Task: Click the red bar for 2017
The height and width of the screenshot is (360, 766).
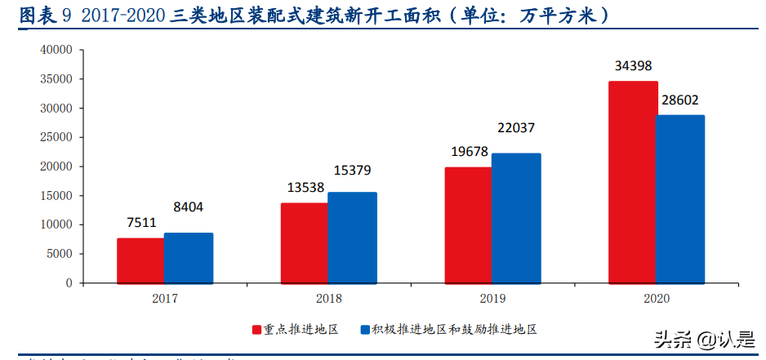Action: pyautogui.click(x=140, y=260)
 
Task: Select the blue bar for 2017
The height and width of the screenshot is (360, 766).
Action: pyautogui.click(x=188, y=258)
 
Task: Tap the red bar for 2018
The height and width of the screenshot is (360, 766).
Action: pyautogui.click(x=304, y=242)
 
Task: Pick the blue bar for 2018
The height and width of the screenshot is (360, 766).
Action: pyautogui.click(x=352, y=238)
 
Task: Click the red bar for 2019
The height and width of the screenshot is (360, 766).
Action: pyautogui.click(x=468, y=224)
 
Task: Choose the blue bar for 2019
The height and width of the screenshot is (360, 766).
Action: pyautogui.click(x=516, y=218)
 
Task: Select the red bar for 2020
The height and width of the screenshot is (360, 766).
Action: pyautogui.click(x=632, y=182)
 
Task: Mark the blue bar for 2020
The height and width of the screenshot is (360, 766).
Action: pyautogui.click(x=680, y=199)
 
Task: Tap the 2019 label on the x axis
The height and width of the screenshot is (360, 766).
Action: pyautogui.click(x=492, y=299)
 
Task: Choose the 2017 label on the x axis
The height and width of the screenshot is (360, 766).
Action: pyautogui.click(x=164, y=299)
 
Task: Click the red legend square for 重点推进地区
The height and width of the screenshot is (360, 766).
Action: pyautogui.click(x=256, y=330)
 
